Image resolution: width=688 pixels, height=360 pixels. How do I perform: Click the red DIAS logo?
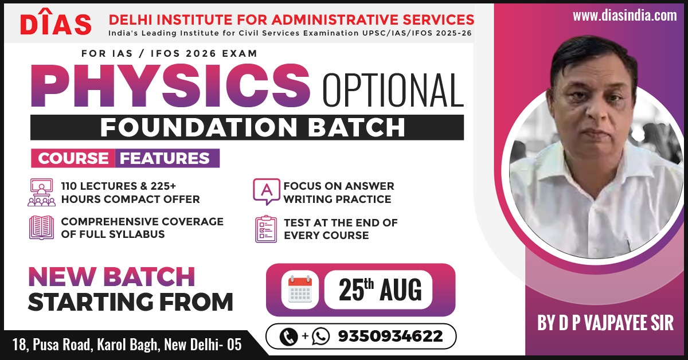click(56, 22)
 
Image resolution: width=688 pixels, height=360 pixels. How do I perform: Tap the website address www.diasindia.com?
click(625, 15)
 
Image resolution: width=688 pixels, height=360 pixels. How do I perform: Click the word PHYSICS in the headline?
click(170, 85)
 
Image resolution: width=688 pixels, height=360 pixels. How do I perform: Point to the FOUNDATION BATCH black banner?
click(247, 127)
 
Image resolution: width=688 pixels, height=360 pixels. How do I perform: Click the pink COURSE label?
click(73, 158)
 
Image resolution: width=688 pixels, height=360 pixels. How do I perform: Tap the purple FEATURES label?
click(167, 158)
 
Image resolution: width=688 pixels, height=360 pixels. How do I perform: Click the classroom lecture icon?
click(41, 192)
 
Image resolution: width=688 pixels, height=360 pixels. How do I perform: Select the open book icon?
click(41, 228)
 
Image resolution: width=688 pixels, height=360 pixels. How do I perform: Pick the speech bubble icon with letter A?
click(266, 191)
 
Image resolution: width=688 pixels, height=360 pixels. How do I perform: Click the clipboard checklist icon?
click(266, 229)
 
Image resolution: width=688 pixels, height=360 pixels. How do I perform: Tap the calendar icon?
click(300, 289)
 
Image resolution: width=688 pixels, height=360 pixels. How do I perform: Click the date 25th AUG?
click(380, 289)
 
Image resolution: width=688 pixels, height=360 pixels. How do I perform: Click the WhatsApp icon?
click(320, 336)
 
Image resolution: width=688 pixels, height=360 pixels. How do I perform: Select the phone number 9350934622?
click(390, 336)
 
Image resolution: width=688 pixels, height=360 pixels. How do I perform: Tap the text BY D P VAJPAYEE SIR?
click(605, 323)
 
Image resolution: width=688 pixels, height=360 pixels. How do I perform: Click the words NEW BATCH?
click(111, 277)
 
